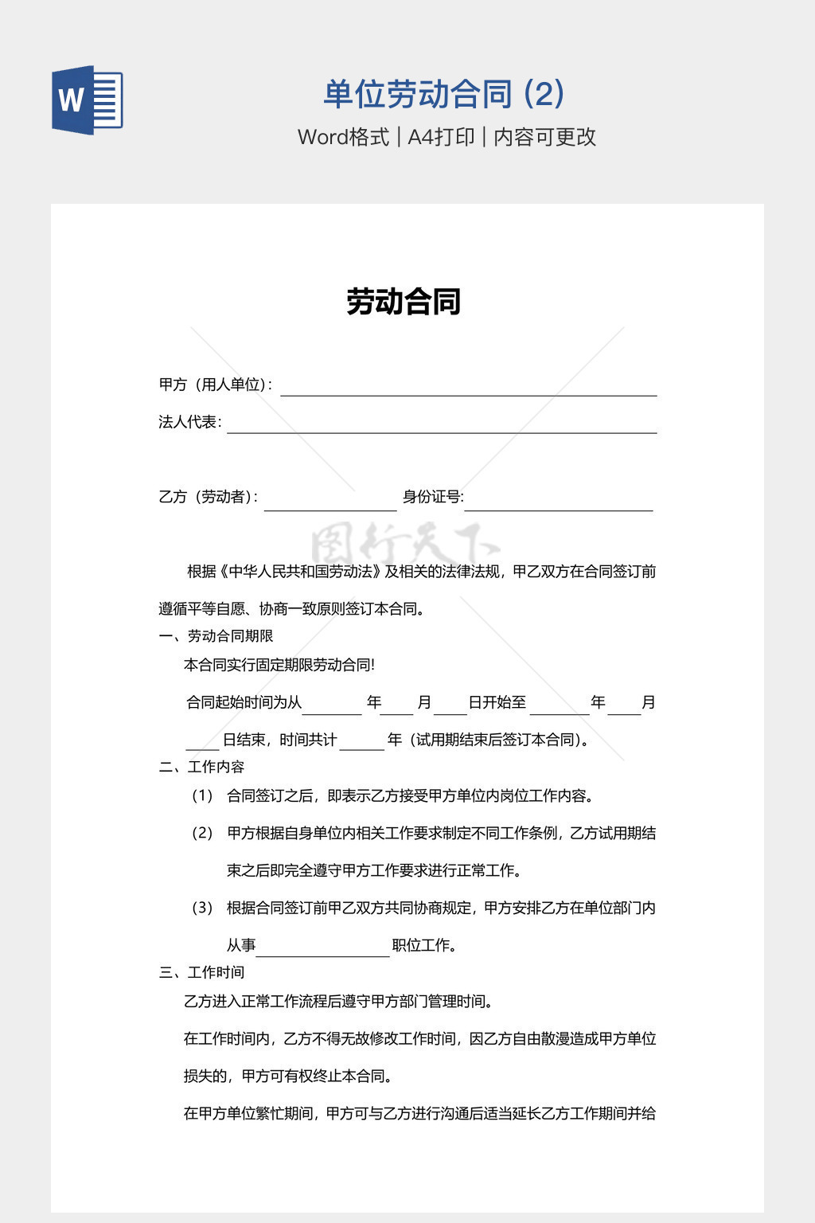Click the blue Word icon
coord(88,100)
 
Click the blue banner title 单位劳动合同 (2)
coord(443,95)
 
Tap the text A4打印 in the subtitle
coord(441,137)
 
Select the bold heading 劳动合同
coord(404,302)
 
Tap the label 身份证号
coord(432,497)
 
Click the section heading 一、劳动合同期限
coord(216,636)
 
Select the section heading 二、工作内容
coord(201,767)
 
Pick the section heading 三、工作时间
coord(201,972)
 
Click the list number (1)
coord(202,795)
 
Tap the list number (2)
coord(202,833)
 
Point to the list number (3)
coord(202,908)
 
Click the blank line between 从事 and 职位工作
coord(322,951)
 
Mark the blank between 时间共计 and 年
coord(361,744)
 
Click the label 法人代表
coord(189,422)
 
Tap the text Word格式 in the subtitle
coord(343,137)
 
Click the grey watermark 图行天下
coord(404,545)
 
